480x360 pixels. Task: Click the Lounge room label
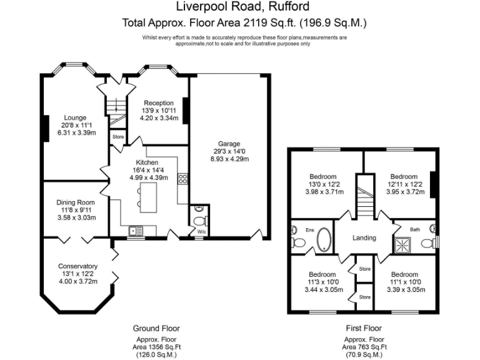pyautogui.click(x=75, y=117)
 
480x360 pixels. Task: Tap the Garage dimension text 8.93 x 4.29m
pyautogui.click(x=229, y=159)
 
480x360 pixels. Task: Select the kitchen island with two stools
pyautogui.click(x=147, y=197)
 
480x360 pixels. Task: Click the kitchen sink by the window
pyautogui.click(x=136, y=231)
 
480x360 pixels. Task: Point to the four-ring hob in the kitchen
pyautogui.click(x=182, y=179)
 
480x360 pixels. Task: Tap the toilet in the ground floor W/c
pyautogui.click(x=201, y=221)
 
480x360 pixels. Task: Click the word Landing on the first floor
pyautogui.click(x=364, y=238)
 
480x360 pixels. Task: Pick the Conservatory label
pyautogui.click(x=77, y=266)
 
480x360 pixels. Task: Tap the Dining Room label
pyautogui.click(x=76, y=202)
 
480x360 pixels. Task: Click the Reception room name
pyautogui.click(x=159, y=103)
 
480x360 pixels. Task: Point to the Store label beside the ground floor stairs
pyautogui.click(x=118, y=137)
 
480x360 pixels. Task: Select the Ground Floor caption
pyautogui.click(x=156, y=329)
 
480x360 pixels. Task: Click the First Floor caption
pyautogui.click(x=364, y=329)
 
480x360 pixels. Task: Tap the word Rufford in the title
pyautogui.click(x=289, y=6)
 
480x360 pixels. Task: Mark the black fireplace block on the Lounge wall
pyautogui.click(x=46, y=128)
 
